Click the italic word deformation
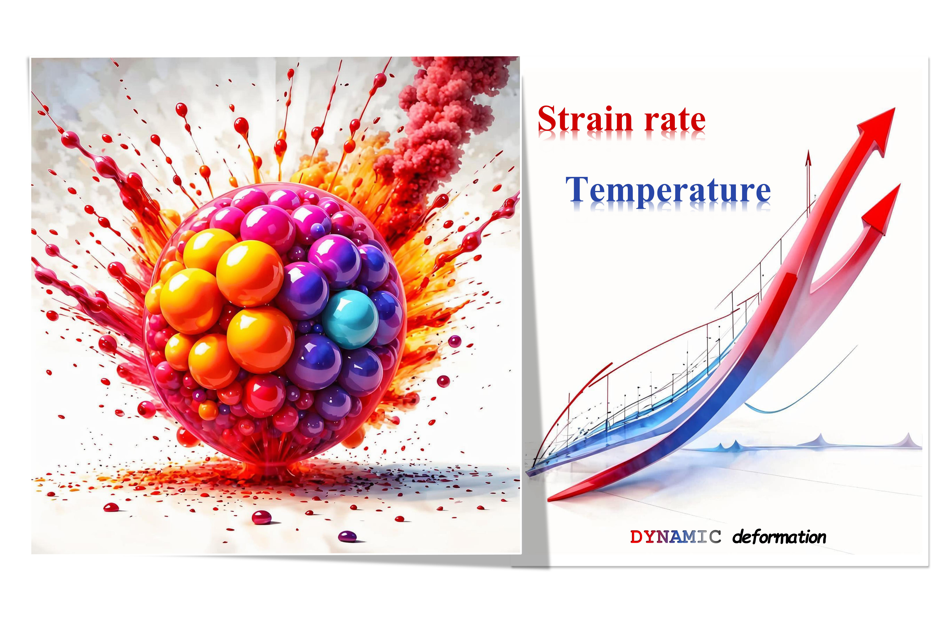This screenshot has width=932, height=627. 779,537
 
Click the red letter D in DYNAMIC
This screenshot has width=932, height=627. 636,537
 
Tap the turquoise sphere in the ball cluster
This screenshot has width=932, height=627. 350,319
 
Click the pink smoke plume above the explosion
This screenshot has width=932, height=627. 439,116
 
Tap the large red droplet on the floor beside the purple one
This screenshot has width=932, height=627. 261,517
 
